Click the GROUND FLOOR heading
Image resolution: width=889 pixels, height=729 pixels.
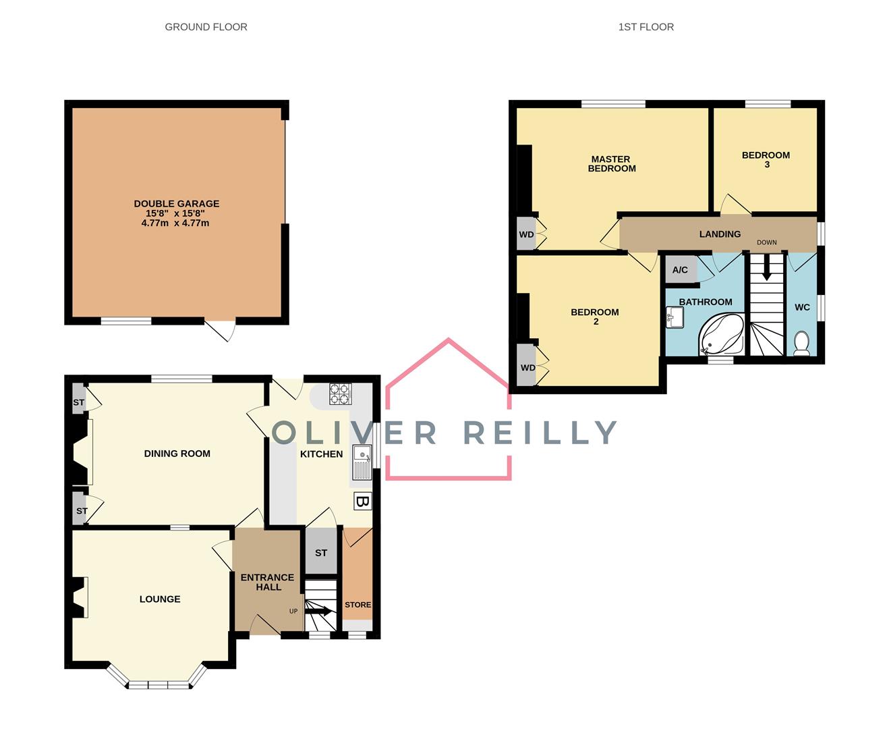click(206, 27)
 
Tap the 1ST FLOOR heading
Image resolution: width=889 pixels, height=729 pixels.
click(646, 27)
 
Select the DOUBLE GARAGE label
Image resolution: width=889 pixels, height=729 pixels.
click(176, 204)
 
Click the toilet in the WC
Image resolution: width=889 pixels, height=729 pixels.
click(801, 343)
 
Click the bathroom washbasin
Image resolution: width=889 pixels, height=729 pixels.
click(675, 317)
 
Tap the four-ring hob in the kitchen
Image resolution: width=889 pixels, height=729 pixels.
click(340, 394)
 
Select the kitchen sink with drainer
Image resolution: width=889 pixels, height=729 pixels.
click(362, 464)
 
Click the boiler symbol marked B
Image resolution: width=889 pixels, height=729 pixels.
click(362, 502)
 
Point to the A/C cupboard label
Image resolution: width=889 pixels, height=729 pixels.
click(680, 270)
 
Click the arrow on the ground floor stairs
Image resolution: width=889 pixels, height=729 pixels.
click(320, 612)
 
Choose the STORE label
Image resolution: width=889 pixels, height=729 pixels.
click(357, 605)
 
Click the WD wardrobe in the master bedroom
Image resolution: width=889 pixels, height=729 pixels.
click(526, 234)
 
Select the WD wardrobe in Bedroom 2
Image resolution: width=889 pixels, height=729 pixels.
click(527, 368)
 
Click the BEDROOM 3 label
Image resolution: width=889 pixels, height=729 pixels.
click(766, 159)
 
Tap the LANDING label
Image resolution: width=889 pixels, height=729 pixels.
click(720, 234)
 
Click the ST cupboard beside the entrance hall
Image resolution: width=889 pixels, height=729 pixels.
click(321, 552)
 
